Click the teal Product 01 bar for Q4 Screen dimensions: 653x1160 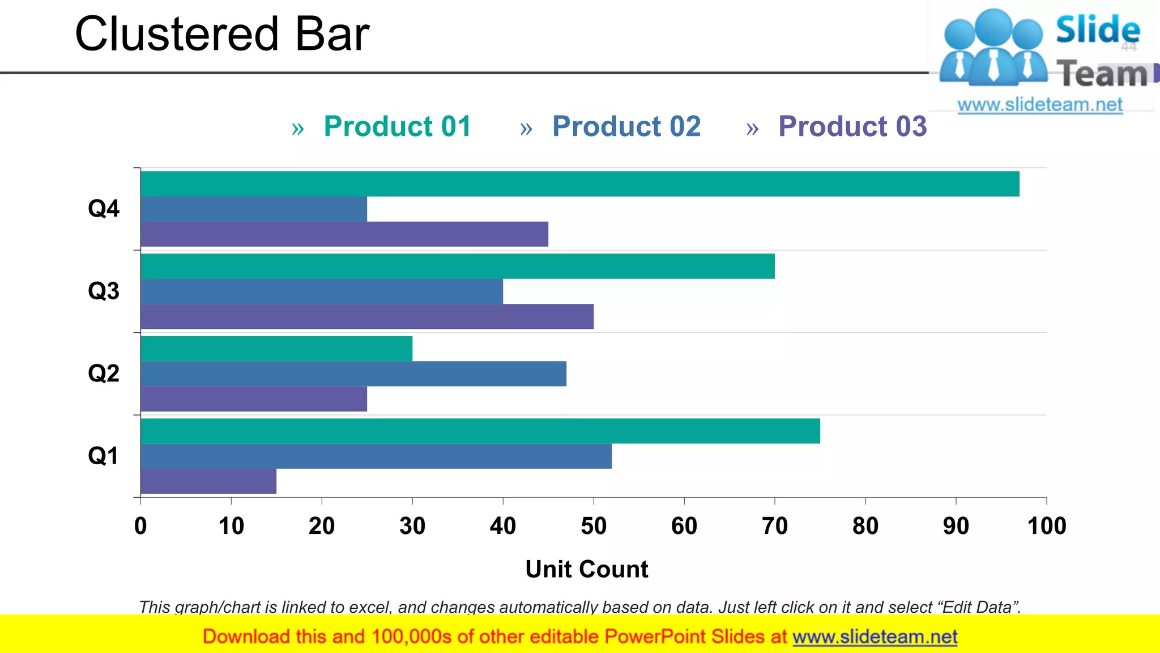tap(580, 184)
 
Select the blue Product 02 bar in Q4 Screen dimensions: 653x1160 tap(254, 209)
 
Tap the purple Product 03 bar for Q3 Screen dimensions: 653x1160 tap(367, 316)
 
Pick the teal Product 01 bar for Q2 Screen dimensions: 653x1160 tap(276, 349)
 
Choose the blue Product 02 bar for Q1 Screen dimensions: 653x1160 tap(376, 456)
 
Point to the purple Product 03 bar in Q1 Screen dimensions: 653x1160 tap(208, 481)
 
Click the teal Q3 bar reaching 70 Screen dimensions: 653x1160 tap(458, 266)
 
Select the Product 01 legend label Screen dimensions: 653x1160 tap(398, 126)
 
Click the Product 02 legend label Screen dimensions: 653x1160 tap(626, 126)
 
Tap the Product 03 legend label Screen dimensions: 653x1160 tap(852, 126)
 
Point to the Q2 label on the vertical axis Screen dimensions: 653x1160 tap(104, 374)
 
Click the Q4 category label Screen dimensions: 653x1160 tap(104, 209)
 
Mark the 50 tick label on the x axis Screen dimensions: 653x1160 tap(594, 526)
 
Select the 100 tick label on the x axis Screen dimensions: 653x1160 tap(1047, 526)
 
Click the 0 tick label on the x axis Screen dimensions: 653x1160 tap(140, 526)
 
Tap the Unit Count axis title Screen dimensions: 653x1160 tap(587, 569)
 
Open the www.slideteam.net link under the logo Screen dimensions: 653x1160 tap(1040, 105)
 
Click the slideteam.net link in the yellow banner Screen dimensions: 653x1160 tap(875, 637)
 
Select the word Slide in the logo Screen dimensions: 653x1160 tap(1098, 29)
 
